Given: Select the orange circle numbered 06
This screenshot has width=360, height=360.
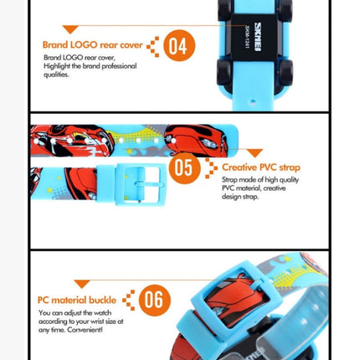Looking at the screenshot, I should tap(154, 299).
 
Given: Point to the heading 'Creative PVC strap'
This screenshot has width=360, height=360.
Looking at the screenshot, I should tap(260, 167).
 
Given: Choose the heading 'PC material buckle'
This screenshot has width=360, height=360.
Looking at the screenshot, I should tap(78, 299).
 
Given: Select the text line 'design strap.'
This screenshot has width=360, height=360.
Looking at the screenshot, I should tap(242, 197).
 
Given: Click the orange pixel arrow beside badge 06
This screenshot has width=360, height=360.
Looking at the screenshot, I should tap(128, 299).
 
